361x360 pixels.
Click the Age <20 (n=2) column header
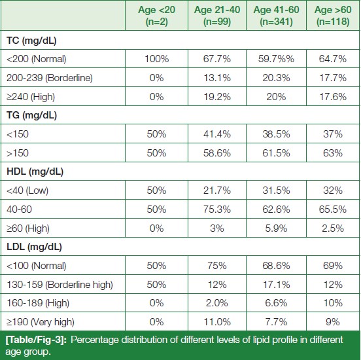coord(156,16)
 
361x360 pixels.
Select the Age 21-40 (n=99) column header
coord(217,16)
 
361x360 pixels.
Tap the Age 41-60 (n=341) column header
coord(276,16)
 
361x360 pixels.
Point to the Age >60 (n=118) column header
coord(333,16)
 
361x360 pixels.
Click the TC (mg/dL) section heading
coord(31,41)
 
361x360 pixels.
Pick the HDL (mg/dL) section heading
coord(35,171)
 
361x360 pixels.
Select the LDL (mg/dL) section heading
coord(34,247)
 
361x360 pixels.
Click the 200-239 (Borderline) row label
coord(50,78)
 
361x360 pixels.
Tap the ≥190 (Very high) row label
coord(41,322)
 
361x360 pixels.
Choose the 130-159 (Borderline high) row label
coord(60,285)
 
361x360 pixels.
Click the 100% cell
coord(156,59)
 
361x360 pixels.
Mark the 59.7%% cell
coord(276,59)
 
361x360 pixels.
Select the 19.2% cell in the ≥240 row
coord(217,97)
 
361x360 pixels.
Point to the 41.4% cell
coord(217,134)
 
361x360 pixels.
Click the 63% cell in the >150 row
coord(333,153)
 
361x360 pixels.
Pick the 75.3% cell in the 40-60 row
coord(217,209)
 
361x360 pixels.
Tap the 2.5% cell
coord(333,228)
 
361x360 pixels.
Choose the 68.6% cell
coord(276,266)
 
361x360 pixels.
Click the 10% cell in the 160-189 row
coord(333,303)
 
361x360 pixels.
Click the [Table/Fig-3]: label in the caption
coord(36,340)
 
